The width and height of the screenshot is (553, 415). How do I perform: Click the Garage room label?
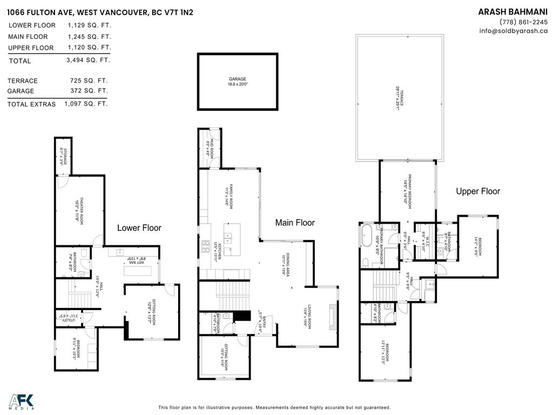237,82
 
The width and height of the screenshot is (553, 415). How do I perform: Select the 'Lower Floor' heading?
139,228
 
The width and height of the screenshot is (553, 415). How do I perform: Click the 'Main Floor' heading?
295,223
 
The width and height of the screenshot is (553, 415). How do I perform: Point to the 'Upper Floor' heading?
478,191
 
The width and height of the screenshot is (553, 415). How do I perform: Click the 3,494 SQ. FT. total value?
89,61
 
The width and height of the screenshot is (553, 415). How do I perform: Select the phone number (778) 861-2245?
523,22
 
